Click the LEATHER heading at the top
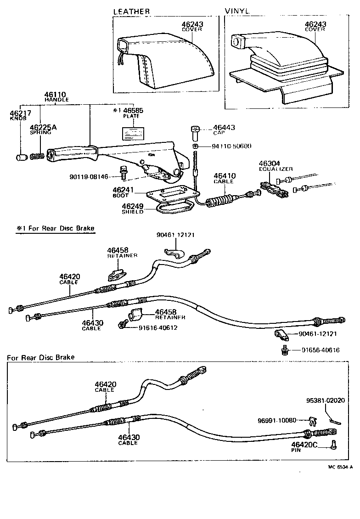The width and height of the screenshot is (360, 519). (x=131, y=11)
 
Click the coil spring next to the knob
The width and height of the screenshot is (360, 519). (x=38, y=156)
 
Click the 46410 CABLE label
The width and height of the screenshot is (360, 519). (x=224, y=178)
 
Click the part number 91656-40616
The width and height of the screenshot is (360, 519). (x=321, y=350)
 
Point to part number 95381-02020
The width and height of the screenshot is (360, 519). (x=326, y=401)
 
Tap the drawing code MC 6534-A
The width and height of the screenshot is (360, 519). (x=339, y=467)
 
